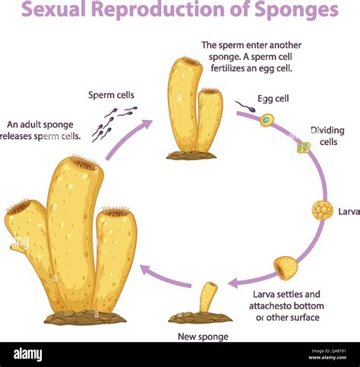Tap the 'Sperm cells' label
111,95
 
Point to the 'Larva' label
349,211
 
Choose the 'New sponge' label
202,336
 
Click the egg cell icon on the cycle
266,119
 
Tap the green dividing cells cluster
303,147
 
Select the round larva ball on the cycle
322,210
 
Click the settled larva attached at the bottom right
286,267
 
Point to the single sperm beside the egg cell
245,106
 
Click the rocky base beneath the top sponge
191,155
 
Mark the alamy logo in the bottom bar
27,354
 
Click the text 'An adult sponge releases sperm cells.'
43,130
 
